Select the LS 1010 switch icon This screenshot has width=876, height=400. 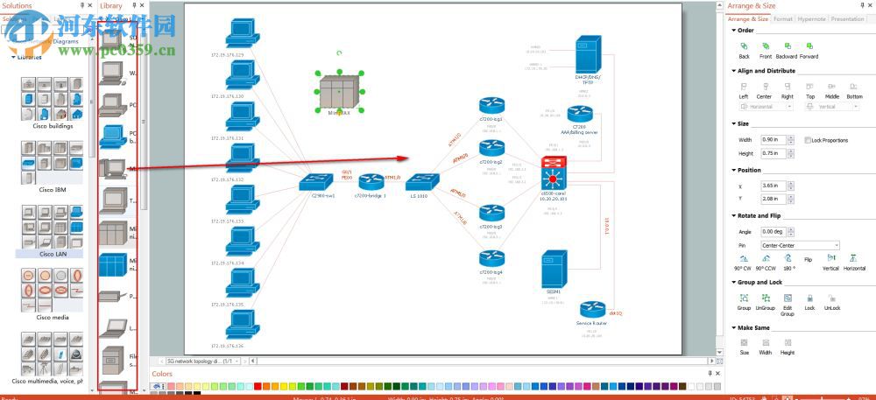coord(421,182)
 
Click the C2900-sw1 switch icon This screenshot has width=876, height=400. coord(316,183)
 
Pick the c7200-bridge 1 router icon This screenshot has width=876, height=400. coord(371,182)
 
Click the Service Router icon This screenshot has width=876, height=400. coord(593,310)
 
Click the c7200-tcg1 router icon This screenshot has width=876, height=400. coord(491,106)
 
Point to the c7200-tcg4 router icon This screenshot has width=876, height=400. coord(491,259)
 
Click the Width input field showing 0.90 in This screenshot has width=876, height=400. coord(772,140)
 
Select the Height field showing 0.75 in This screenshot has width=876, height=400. coord(772,153)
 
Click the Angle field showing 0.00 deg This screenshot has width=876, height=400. coord(772,231)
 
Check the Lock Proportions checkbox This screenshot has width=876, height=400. coord(808,140)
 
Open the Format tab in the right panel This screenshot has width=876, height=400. coord(783,18)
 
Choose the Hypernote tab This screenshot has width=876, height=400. coord(811,18)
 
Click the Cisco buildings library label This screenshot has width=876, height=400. coord(54,126)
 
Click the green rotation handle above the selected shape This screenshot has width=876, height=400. coord(339,53)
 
